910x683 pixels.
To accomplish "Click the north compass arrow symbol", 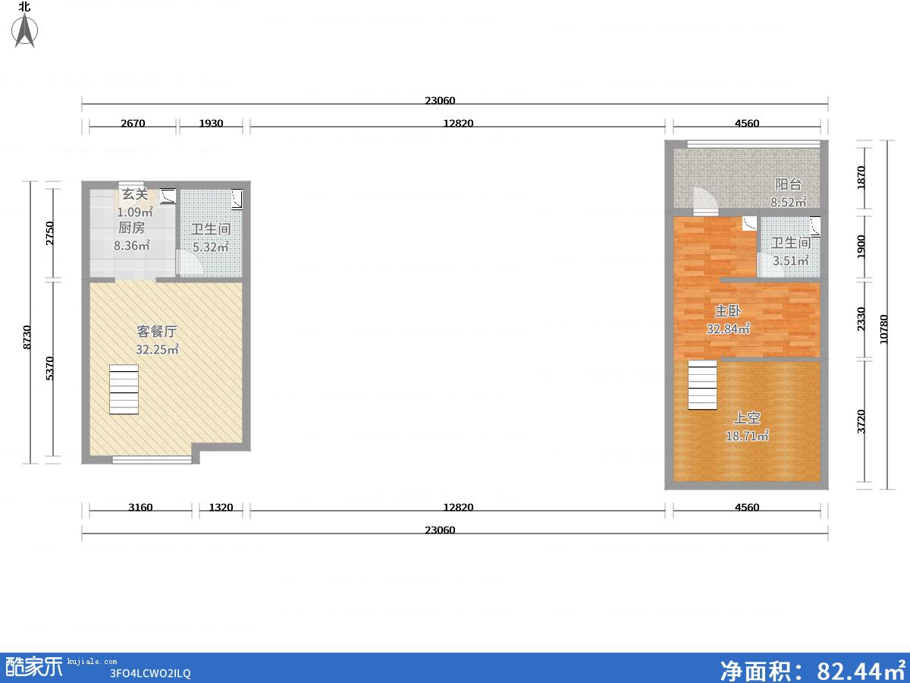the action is click(25, 30).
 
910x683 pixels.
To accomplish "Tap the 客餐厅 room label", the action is click(157, 332).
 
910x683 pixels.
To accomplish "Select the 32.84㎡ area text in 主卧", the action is click(728, 329).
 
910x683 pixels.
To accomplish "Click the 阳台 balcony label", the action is click(788, 184).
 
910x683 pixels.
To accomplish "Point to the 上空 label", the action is click(747, 417).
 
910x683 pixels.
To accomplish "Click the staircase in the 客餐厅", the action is click(124, 389).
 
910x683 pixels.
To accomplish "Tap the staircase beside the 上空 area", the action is click(703, 385).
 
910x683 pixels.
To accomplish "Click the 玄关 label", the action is click(135, 194).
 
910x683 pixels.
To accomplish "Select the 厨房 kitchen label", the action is click(131, 227).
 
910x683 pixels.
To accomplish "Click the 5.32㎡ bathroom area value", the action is click(211, 247).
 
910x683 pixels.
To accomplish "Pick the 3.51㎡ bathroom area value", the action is click(791, 260).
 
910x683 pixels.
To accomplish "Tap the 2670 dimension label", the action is click(133, 123).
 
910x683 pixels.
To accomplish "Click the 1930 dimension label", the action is click(211, 123).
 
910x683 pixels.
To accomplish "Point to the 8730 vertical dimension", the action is click(27, 337).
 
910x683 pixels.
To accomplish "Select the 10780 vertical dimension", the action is click(883, 329).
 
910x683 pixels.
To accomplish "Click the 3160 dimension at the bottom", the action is click(140, 507).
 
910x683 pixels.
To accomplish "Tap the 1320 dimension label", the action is click(221, 507).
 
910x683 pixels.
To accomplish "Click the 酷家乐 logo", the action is click(34, 667).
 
